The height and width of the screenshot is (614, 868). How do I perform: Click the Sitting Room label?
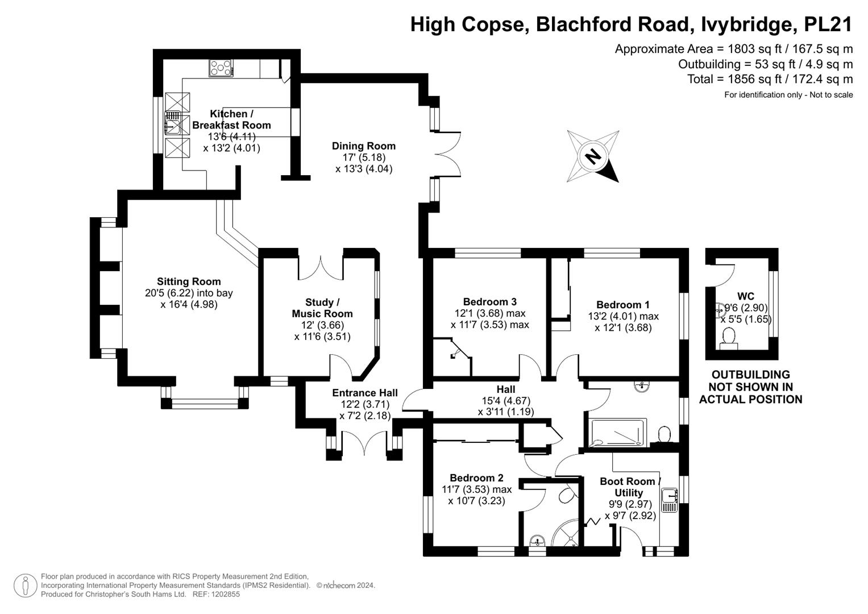point(189,281)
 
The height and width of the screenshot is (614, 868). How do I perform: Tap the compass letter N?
point(592,156)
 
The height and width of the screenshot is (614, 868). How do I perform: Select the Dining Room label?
point(363,146)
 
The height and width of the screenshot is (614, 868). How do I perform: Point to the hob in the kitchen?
point(221,68)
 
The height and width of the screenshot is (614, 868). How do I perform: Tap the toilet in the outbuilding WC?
point(728,339)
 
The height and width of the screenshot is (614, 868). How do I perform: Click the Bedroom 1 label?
point(622,305)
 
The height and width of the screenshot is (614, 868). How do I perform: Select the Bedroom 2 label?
point(476,478)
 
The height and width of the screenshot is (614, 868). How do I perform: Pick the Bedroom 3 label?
point(489,302)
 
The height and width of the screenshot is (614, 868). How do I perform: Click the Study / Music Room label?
point(322,308)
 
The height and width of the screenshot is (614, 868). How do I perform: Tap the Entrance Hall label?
point(365,393)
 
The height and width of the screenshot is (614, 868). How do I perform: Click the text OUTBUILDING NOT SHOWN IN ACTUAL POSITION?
point(750,387)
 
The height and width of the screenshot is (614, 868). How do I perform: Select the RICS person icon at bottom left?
point(25,586)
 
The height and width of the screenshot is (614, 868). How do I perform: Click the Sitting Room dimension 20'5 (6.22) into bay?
point(189,293)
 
